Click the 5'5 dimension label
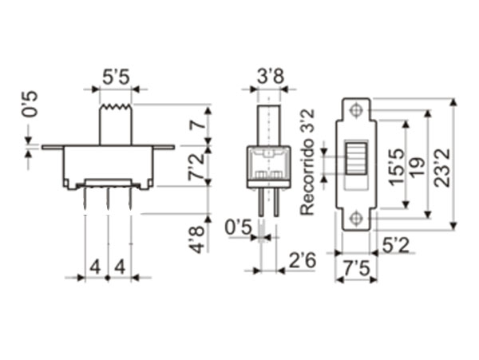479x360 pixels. (x=115, y=78)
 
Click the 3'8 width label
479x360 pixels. (x=269, y=78)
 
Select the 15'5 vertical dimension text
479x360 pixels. (x=396, y=166)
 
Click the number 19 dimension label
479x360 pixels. (x=415, y=166)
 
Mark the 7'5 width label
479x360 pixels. (x=356, y=269)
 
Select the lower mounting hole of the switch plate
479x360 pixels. (x=356, y=218)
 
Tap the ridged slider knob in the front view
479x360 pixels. (x=356, y=160)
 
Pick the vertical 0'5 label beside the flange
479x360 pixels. (x=30, y=104)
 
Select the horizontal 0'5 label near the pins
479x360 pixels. (x=238, y=227)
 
